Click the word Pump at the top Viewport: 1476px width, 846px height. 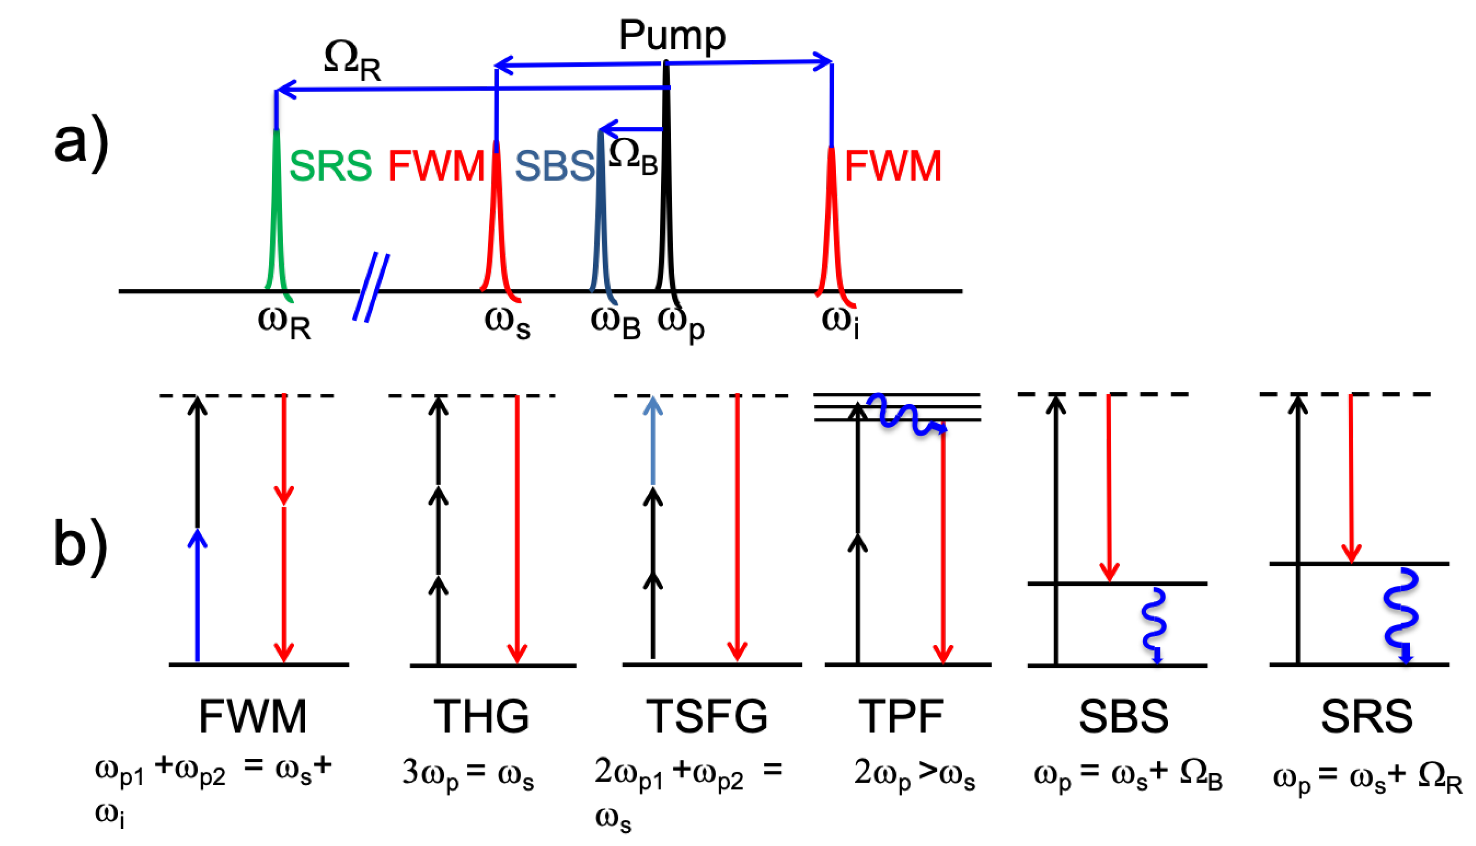click(x=672, y=35)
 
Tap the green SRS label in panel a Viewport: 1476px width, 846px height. click(x=330, y=165)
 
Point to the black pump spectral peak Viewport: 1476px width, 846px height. click(x=666, y=192)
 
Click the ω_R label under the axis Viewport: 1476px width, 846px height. click(x=284, y=323)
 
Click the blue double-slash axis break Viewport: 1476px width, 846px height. click(x=371, y=287)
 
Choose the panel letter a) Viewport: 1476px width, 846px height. click(x=82, y=143)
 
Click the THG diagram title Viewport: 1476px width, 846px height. click(x=481, y=716)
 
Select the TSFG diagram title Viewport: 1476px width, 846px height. click(x=707, y=716)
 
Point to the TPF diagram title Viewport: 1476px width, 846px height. click(x=902, y=716)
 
